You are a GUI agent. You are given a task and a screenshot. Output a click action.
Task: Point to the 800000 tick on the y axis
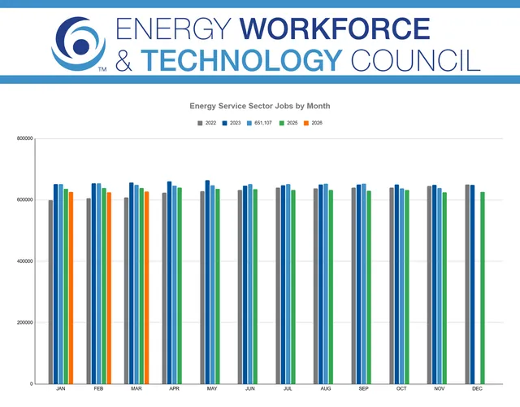click(25, 138)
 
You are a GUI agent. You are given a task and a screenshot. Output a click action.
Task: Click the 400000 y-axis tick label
click(25, 261)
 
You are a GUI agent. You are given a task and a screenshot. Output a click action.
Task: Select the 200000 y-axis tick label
click(25, 322)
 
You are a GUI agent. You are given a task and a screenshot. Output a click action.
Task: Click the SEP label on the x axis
click(363, 389)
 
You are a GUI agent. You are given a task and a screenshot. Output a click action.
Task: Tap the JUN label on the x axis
click(250, 389)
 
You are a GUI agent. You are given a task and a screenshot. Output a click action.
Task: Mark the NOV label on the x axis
click(440, 389)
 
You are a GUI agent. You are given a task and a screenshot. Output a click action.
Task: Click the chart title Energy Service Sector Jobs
click(260, 106)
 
